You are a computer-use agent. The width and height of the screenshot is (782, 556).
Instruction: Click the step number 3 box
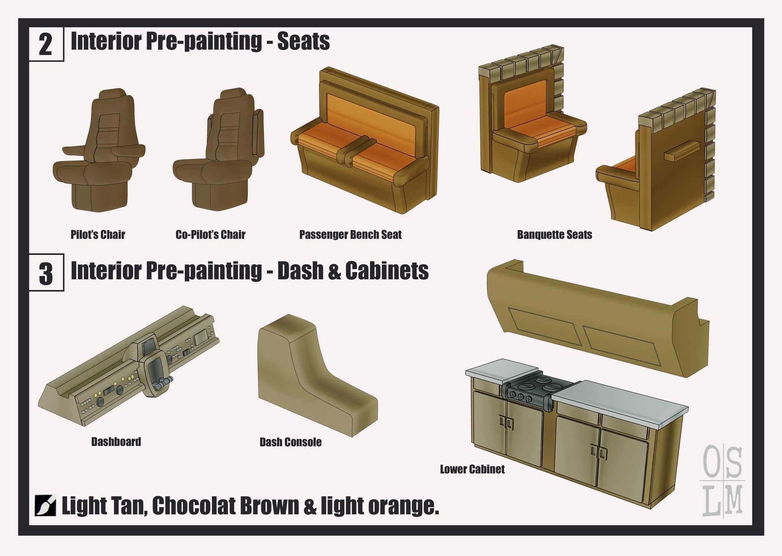47,273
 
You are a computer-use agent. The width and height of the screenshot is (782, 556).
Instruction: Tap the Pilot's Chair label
98,235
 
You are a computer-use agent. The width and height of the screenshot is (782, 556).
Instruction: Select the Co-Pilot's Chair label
210,235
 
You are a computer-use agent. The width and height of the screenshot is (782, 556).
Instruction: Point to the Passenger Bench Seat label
351,235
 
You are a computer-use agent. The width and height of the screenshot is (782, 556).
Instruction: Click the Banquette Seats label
554,235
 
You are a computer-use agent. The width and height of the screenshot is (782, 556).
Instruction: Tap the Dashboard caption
116,442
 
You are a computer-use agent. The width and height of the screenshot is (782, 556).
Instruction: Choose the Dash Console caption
291,443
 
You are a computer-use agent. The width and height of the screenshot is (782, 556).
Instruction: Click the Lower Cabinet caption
472,469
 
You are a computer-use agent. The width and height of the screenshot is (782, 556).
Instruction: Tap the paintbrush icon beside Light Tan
45,506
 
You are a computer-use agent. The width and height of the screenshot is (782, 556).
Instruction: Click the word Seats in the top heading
304,41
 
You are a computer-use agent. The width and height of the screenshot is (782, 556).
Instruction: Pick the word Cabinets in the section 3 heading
387,271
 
